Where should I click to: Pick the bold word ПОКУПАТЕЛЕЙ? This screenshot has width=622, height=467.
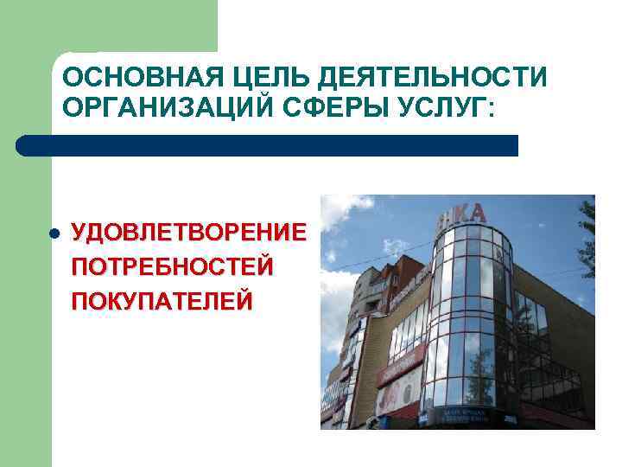[162, 301]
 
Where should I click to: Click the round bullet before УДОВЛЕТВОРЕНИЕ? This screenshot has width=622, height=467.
[53, 234]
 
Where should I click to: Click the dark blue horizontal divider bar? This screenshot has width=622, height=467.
[268, 145]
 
